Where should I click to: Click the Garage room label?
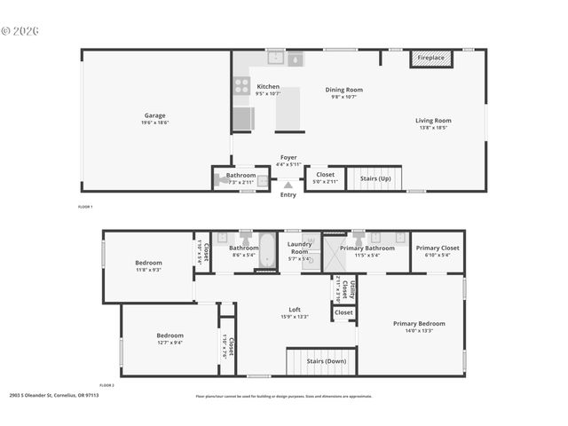(156, 115)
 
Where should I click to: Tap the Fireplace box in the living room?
(431, 59)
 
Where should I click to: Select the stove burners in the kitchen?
(241, 86)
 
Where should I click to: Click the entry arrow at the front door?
(288, 185)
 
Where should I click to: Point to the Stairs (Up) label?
(375, 178)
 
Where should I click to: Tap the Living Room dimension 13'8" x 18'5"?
(433, 128)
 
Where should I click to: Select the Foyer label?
(289, 157)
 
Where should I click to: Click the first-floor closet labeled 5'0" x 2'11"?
(326, 177)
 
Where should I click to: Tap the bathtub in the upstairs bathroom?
(266, 251)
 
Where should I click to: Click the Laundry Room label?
(300, 249)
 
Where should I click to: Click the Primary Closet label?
(438, 248)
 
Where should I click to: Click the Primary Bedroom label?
(419, 324)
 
